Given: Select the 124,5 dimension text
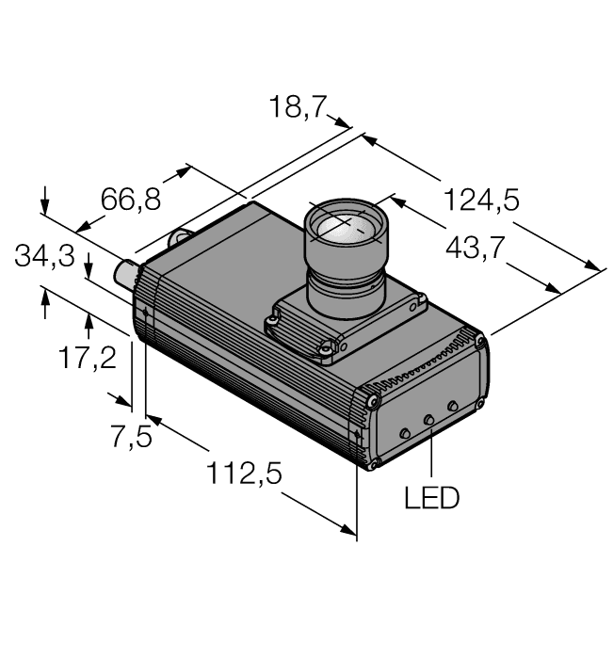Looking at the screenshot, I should tap(481, 201).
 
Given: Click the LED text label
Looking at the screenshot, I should tap(431, 498).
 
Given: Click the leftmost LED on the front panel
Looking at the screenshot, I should tap(405, 432).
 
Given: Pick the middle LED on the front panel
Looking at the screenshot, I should tap(429, 419).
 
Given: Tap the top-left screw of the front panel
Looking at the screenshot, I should tap(375, 402).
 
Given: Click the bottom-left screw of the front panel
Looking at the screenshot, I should tap(376, 460).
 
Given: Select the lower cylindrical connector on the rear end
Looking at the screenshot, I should tap(124, 275).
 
